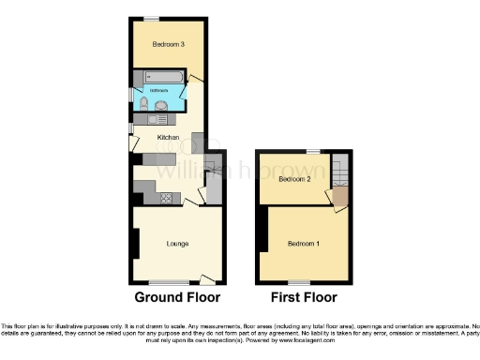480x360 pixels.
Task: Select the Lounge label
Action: point(178,244)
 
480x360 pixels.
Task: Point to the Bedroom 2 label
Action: point(295,178)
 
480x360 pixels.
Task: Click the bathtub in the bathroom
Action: point(161,76)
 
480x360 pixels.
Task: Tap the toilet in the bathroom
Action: point(142,106)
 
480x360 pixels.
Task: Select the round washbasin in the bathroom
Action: point(161,106)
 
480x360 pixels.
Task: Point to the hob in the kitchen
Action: point(166,197)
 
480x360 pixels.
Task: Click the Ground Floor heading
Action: point(177,298)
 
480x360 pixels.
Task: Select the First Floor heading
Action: point(304,298)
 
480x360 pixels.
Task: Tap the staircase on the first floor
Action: point(340,171)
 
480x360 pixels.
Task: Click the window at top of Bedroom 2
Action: point(312,150)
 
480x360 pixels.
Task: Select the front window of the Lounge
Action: point(169,282)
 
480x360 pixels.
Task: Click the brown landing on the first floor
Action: point(339,197)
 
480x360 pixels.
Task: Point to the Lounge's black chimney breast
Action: point(136,243)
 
